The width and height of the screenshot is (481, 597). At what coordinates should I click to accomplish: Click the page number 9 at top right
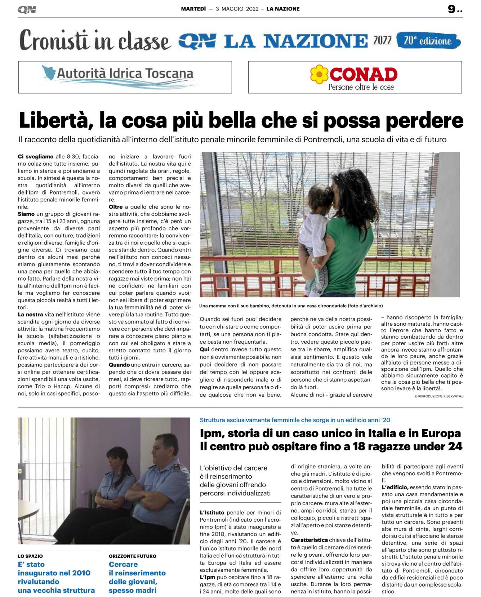[451, 9]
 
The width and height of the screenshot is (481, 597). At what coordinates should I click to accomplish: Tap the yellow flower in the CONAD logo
[319, 74]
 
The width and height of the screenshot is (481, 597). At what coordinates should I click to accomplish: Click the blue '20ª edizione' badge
[428, 41]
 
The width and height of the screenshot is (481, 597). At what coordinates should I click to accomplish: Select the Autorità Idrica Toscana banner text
[125, 74]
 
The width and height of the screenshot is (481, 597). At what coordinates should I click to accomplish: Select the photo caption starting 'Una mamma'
[291, 306]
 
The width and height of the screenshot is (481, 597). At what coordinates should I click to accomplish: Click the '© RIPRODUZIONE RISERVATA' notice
[438, 396]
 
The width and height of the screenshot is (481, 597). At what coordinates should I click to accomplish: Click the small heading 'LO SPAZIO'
[30, 556]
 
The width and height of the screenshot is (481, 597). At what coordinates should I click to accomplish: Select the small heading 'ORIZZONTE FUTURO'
[133, 556]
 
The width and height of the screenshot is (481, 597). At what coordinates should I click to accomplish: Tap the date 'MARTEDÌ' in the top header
[193, 9]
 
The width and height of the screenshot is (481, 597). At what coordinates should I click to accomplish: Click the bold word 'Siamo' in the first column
[26, 214]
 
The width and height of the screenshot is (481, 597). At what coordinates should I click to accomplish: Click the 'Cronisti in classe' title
[95, 41]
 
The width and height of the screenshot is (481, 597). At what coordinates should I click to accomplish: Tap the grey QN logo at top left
[27, 10]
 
